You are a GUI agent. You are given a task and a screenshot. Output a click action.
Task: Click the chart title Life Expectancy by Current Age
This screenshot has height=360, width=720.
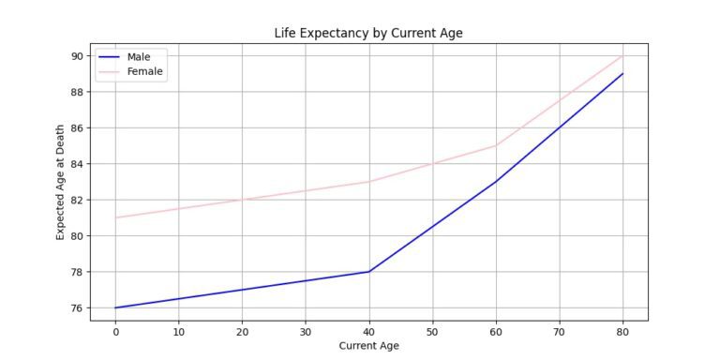click(x=368, y=33)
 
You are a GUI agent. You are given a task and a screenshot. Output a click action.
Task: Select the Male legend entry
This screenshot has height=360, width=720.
click(x=139, y=57)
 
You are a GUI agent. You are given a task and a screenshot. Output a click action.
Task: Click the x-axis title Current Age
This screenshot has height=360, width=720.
click(x=368, y=346)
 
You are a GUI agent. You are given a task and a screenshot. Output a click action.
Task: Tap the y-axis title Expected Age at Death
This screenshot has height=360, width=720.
click(x=61, y=182)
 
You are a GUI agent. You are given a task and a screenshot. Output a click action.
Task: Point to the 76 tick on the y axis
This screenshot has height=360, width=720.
click(x=77, y=307)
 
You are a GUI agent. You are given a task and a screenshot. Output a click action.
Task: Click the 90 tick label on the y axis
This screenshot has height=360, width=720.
click(x=77, y=56)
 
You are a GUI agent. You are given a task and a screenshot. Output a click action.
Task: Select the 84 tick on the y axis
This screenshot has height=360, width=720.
click(x=77, y=164)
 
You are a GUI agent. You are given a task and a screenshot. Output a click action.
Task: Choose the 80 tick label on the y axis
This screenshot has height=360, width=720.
click(x=77, y=236)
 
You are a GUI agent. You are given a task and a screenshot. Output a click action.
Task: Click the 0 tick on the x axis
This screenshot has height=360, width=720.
click(x=115, y=330)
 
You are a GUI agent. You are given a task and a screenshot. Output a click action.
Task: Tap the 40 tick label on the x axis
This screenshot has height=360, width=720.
click(x=369, y=330)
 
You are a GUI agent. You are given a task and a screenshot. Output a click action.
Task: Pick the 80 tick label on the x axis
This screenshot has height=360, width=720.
click(x=622, y=330)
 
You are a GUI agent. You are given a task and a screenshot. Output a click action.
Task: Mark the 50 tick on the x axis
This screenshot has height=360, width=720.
click(x=432, y=330)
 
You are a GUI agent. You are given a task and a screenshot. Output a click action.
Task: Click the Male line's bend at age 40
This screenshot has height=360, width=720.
click(x=369, y=272)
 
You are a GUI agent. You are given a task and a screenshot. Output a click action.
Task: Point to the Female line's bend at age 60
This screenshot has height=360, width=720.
click(x=496, y=145)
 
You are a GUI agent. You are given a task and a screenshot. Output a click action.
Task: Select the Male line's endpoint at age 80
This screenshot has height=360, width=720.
click(x=622, y=74)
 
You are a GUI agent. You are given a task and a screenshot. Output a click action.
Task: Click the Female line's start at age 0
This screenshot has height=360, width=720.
click(x=115, y=217)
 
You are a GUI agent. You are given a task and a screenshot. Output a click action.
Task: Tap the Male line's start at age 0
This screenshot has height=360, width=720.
click(x=115, y=307)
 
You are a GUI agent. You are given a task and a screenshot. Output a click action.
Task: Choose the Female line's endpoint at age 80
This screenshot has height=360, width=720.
click(x=622, y=56)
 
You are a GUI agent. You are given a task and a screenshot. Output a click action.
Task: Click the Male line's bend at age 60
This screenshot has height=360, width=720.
click(x=496, y=182)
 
